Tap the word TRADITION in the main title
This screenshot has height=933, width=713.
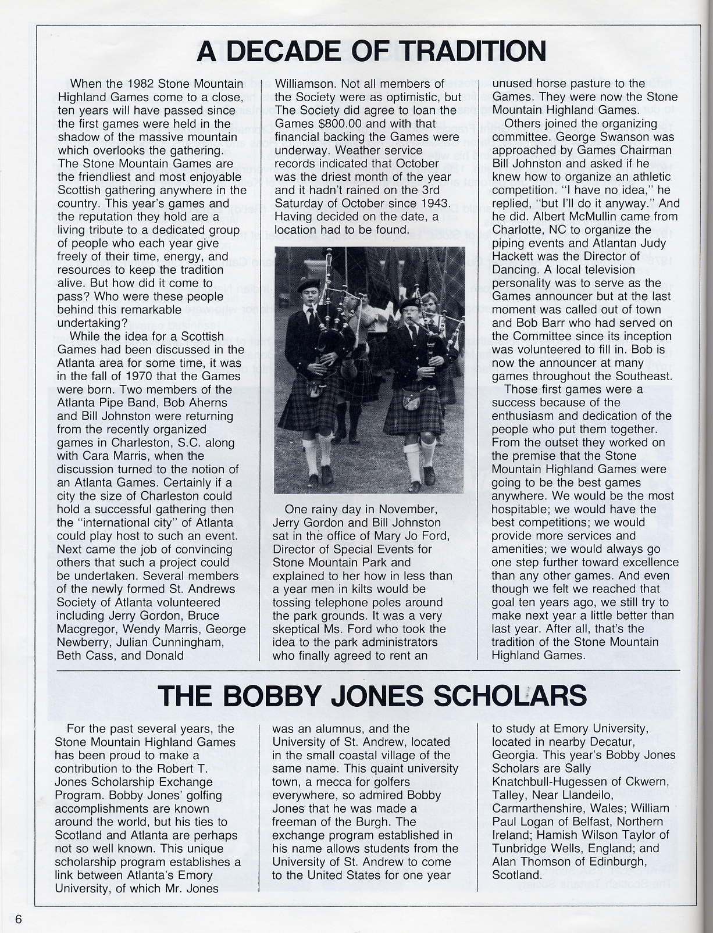474,51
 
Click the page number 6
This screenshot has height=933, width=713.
19,919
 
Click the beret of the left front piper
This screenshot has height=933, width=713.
308,285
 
